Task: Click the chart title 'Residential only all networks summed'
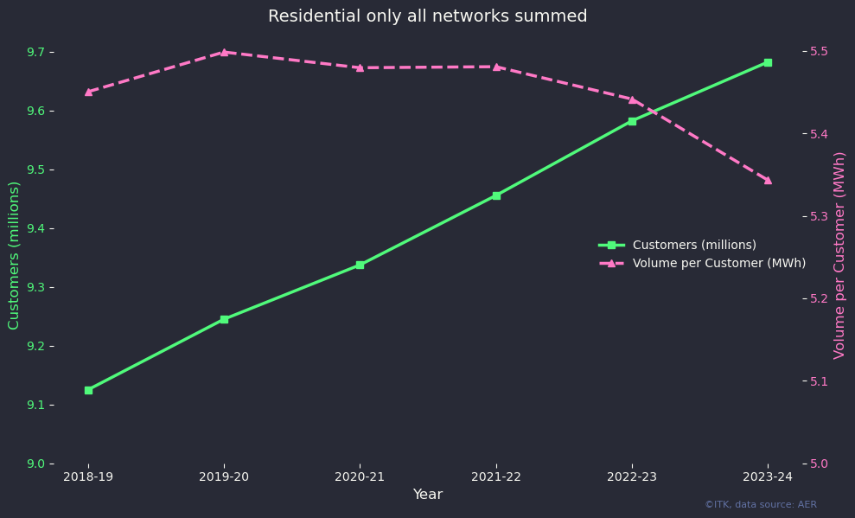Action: tap(427, 16)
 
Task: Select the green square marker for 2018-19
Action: tap(88, 390)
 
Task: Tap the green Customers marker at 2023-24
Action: tap(768, 62)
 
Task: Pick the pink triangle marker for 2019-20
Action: tap(224, 52)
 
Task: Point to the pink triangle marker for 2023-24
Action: tap(768, 180)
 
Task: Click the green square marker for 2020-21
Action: tap(360, 265)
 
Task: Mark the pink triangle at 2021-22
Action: tap(496, 67)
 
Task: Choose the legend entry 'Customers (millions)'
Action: tap(694, 245)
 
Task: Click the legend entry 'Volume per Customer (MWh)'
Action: tap(718, 263)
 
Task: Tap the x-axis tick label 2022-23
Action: tap(632, 476)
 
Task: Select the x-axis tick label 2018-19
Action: tap(88, 476)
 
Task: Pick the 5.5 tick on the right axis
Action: tap(818, 52)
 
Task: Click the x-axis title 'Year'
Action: tap(427, 495)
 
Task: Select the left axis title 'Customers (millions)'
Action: tap(14, 255)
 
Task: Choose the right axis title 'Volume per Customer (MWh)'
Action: tap(839, 255)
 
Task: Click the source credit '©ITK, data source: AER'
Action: tap(760, 504)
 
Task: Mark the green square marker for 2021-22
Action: tap(496, 195)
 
